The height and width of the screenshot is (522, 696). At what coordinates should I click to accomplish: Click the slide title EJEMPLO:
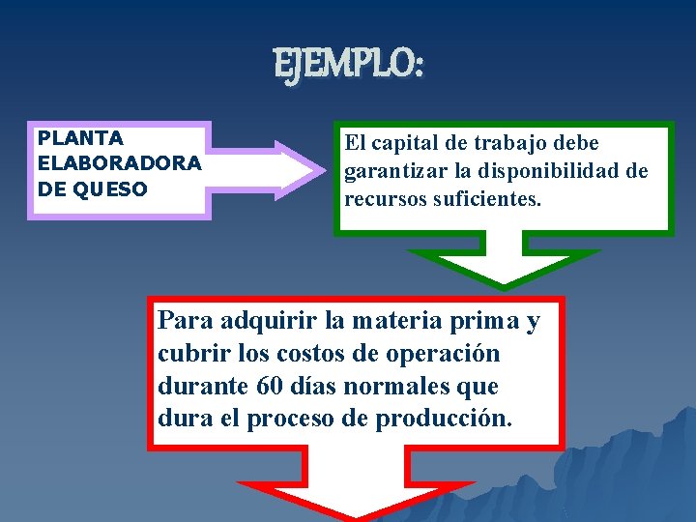[x=348, y=66]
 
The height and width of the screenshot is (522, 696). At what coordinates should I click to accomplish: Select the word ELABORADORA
[x=119, y=163]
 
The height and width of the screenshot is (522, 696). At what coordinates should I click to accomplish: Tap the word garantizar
[x=392, y=172]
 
